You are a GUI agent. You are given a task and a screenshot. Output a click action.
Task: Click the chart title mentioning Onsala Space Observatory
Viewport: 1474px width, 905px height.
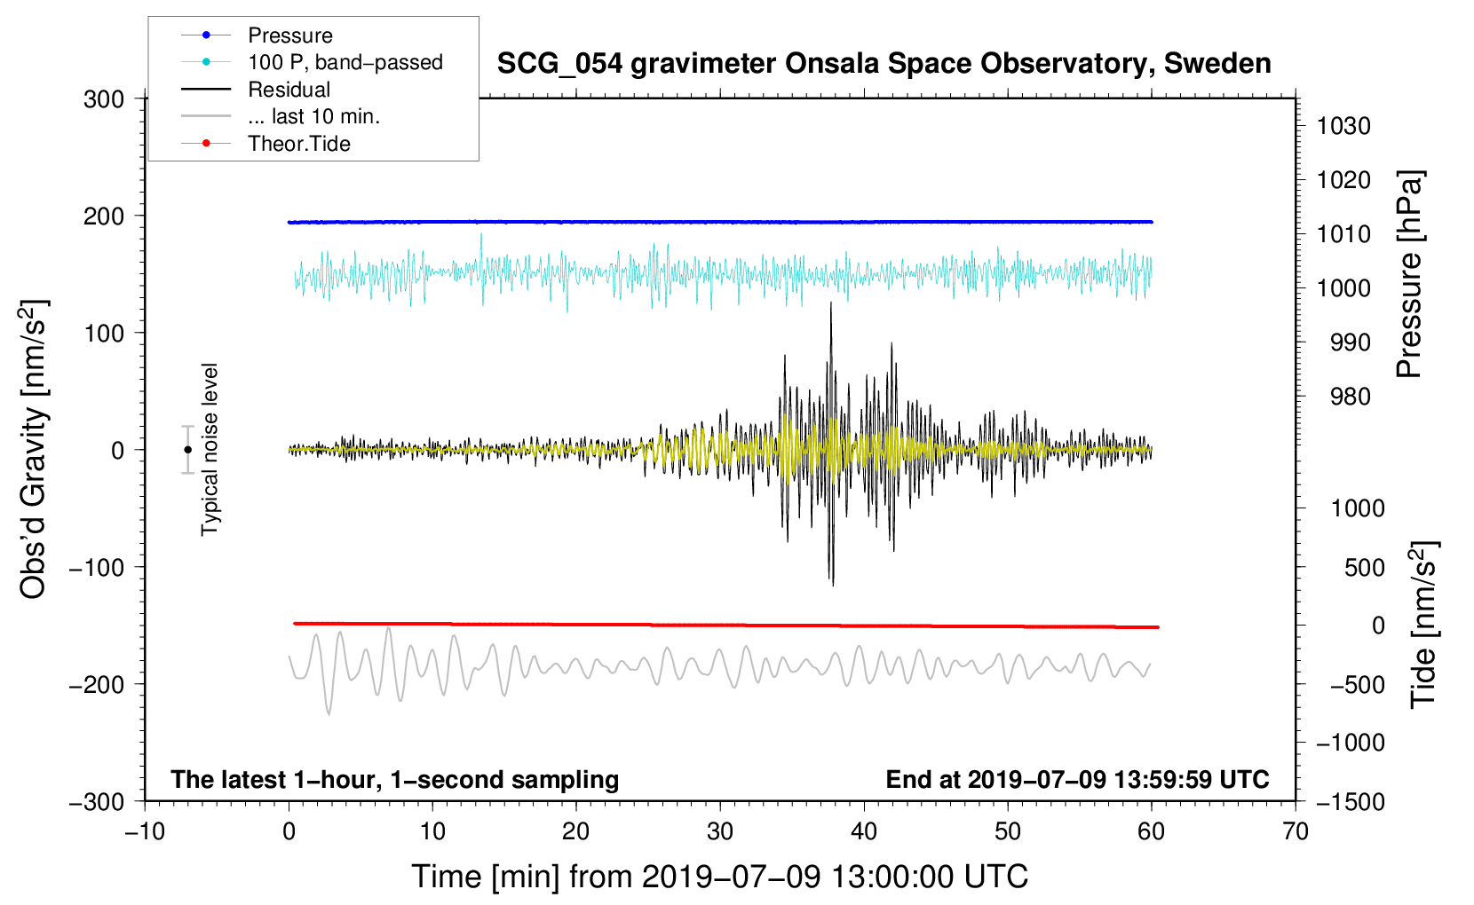click(x=884, y=64)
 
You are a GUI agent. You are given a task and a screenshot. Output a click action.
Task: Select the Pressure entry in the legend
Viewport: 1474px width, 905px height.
click(x=289, y=35)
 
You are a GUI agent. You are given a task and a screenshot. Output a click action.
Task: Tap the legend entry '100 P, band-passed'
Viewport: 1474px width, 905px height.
click(x=345, y=62)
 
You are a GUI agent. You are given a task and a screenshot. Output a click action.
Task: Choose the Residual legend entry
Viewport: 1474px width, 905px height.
click(x=289, y=90)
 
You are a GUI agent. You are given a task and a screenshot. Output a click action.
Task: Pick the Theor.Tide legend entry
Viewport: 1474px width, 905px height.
click(x=298, y=144)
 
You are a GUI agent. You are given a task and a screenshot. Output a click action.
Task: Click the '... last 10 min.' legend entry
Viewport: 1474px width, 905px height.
click(x=313, y=116)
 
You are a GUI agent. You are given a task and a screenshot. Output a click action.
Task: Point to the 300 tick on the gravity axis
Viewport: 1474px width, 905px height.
click(x=104, y=98)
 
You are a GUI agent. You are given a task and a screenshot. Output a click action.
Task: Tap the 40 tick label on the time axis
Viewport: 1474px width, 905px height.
click(x=863, y=831)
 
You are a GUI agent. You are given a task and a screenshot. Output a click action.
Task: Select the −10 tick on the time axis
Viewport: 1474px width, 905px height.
click(x=145, y=831)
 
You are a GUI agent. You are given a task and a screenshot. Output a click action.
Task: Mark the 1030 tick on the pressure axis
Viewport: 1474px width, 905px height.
click(x=1343, y=126)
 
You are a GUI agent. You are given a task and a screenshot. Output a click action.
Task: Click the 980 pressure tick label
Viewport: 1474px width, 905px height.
click(x=1350, y=397)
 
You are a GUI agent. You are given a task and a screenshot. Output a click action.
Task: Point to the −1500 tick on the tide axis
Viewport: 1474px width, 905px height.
click(x=1350, y=801)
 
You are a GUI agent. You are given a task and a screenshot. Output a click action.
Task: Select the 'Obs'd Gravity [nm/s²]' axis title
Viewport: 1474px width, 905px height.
click(x=34, y=450)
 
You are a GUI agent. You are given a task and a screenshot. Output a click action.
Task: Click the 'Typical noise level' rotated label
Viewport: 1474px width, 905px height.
click(x=210, y=450)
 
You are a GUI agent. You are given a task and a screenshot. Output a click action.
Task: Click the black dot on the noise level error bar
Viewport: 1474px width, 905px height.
click(x=187, y=450)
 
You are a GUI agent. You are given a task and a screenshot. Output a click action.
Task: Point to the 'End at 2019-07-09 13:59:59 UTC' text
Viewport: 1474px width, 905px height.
click(x=1077, y=779)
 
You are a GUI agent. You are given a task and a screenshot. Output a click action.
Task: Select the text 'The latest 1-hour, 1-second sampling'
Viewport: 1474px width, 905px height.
click(x=395, y=779)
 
